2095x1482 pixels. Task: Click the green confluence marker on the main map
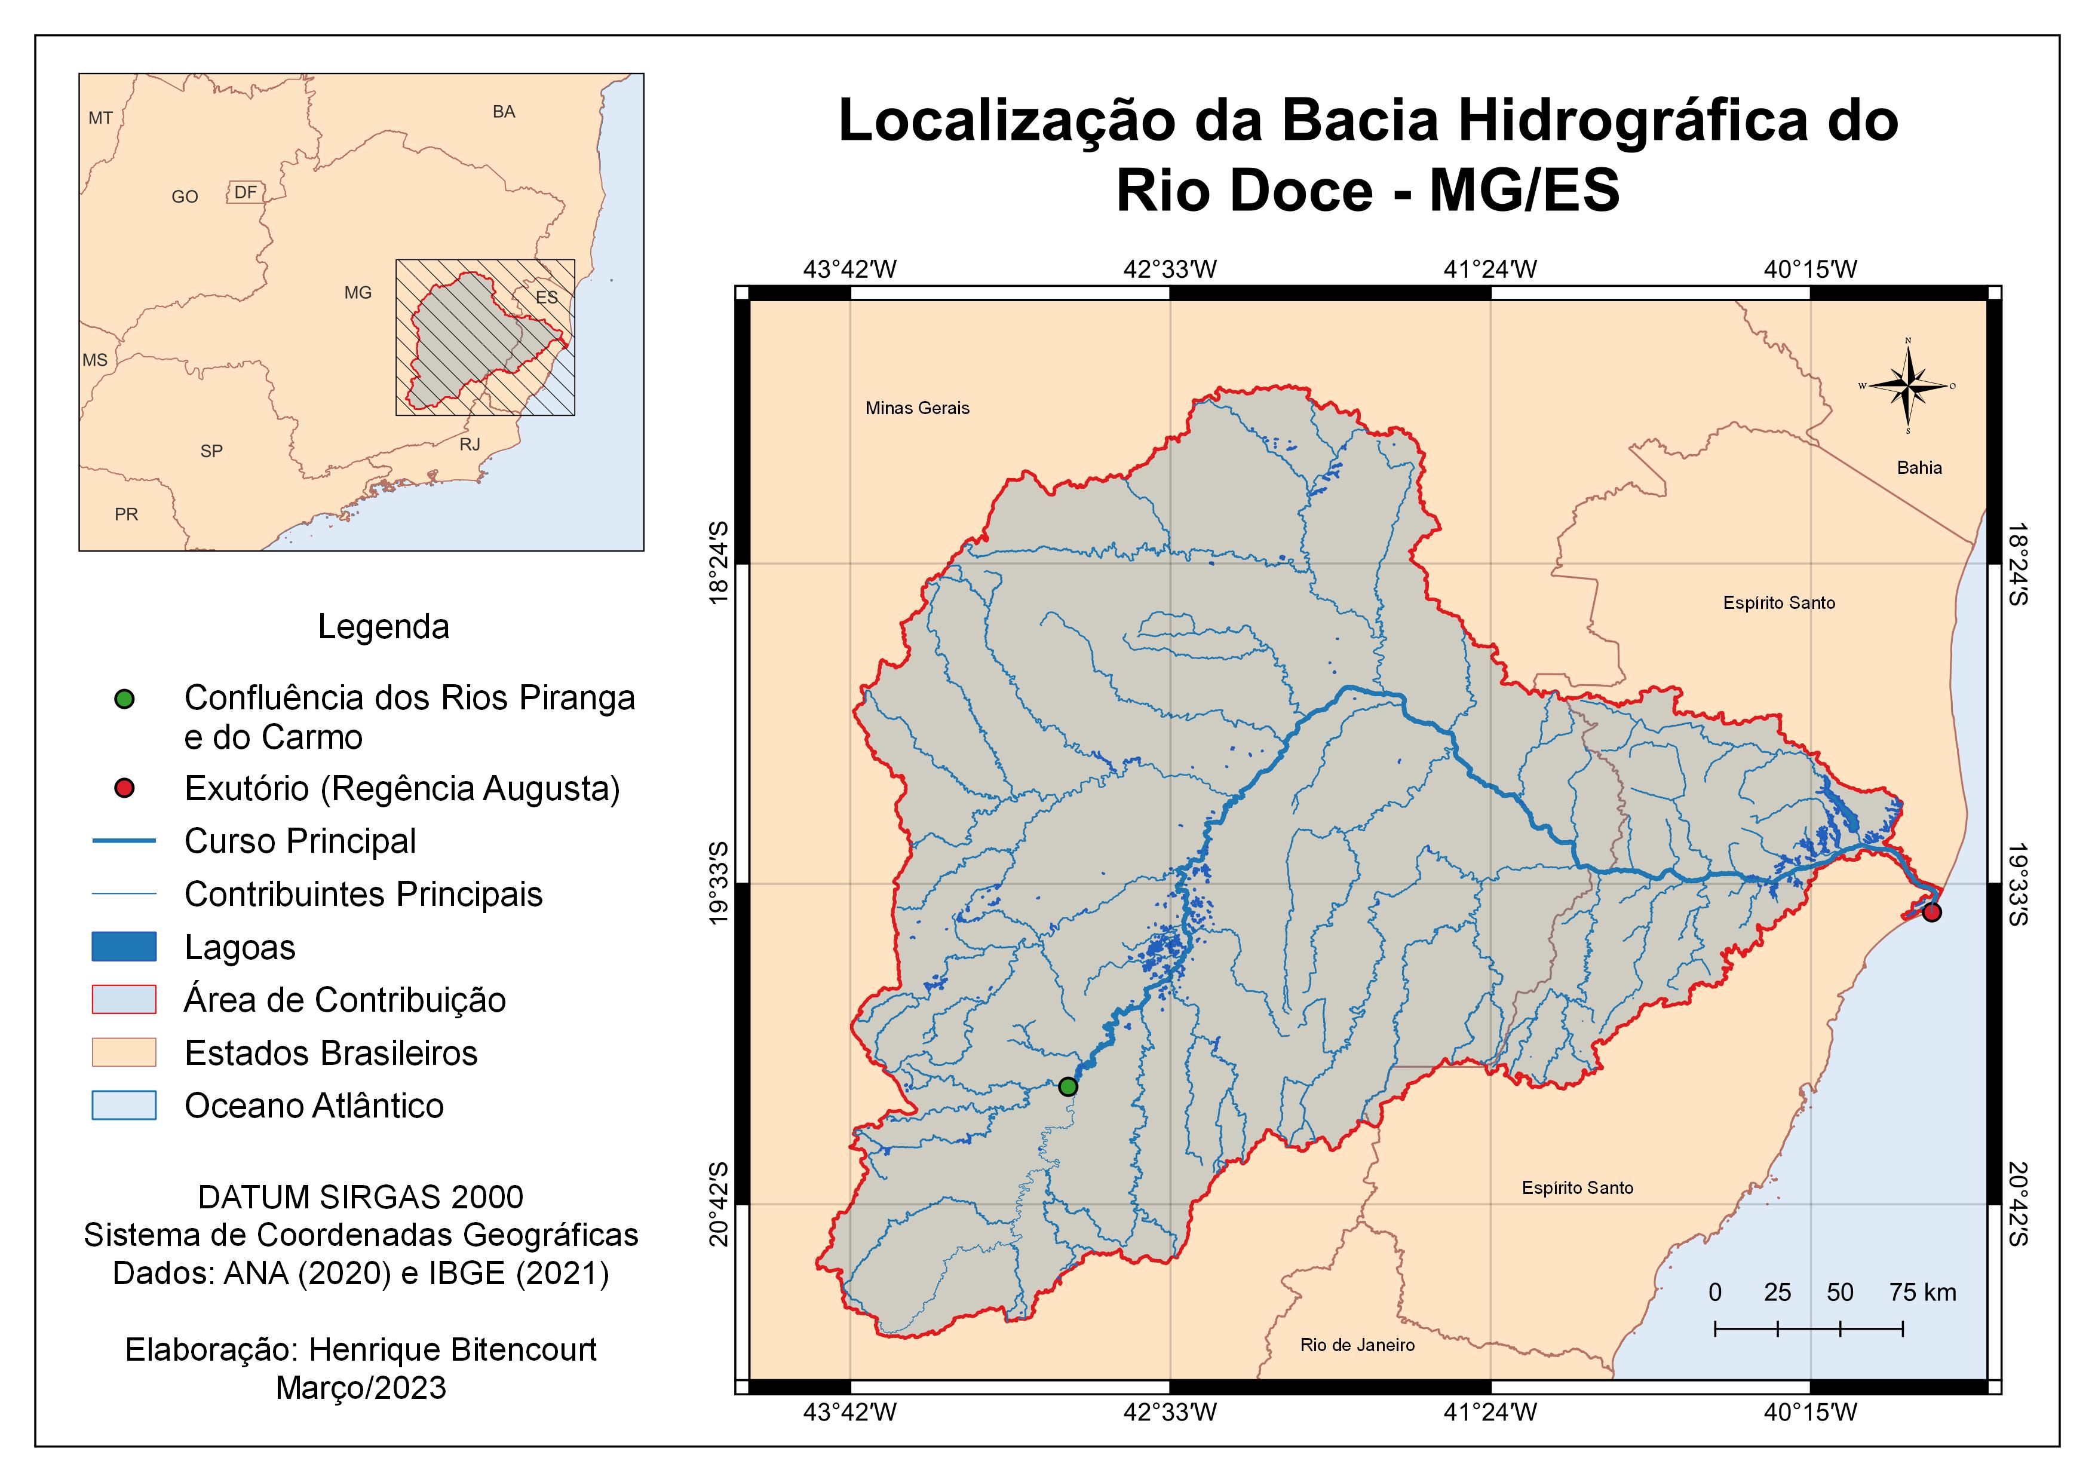[x=1068, y=1086]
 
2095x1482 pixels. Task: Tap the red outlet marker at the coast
[x=1931, y=912]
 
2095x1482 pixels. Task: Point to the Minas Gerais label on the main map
[x=917, y=408]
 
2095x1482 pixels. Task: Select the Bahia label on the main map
[x=1919, y=467]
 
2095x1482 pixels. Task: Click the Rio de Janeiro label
[x=1357, y=1344]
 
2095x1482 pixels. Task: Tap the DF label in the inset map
[x=244, y=192]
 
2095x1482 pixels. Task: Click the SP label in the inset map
[x=211, y=451]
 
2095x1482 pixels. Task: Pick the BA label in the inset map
[x=504, y=111]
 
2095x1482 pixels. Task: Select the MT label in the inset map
[x=100, y=118]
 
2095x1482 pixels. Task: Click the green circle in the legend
[x=124, y=699]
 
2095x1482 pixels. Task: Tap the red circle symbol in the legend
[x=124, y=788]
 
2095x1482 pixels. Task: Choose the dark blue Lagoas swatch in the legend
[x=124, y=947]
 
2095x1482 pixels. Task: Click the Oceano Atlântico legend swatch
[x=124, y=1105]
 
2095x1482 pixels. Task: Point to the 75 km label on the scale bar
[x=1922, y=1292]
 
